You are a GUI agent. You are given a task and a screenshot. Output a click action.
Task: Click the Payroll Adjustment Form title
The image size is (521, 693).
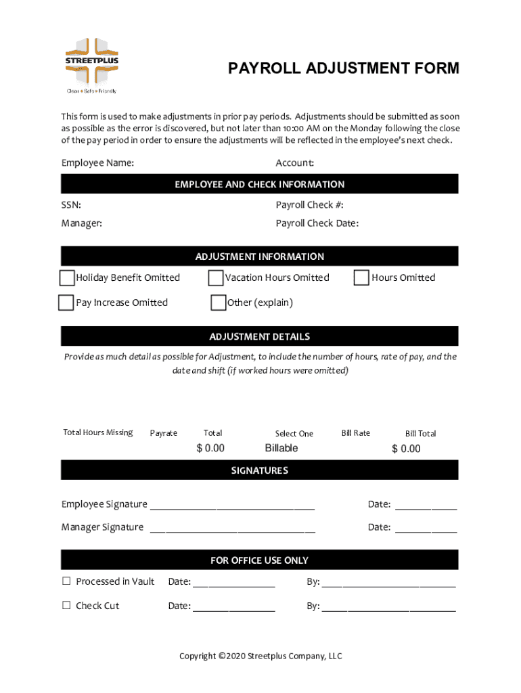(x=343, y=68)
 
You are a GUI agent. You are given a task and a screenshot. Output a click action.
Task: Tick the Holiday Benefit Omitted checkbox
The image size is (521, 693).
(x=67, y=278)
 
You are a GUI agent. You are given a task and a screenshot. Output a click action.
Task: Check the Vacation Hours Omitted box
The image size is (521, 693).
(x=216, y=278)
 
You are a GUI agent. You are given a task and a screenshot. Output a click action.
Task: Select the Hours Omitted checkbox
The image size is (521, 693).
(x=361, y=277)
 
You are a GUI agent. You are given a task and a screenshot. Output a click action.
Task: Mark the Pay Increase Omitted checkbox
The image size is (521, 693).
(x=66, y=303)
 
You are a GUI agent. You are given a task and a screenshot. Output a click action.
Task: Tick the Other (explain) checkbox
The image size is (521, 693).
(x=218, y=303)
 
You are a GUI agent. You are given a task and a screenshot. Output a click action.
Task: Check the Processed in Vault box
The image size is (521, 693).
(x=66, y=581)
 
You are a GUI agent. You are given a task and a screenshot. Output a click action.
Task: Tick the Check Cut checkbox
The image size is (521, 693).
(x=66, y=606)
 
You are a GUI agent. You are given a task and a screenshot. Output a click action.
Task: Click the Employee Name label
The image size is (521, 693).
(x=97, y=163)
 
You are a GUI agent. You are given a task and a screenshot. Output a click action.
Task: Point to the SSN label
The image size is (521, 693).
(x=71, y=205)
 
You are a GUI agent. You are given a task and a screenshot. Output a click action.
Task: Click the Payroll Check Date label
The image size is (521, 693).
(x=317, y=223)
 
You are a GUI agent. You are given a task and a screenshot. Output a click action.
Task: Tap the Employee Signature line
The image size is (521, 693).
(x=232, y=505)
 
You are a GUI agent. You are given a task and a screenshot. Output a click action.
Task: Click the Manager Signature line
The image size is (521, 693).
(x=232, y=528)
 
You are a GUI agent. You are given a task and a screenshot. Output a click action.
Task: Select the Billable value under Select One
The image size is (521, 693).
(x=281, y=448)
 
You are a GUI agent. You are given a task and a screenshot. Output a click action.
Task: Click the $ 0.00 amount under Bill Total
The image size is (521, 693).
(x=406, y=449)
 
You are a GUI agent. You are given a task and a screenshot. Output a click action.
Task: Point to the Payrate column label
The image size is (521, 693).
(x=163, y=433)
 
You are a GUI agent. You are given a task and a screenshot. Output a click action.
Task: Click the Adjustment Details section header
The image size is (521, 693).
(x=260, y=336)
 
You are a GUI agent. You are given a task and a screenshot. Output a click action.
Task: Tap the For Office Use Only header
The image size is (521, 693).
(x=260, y=560)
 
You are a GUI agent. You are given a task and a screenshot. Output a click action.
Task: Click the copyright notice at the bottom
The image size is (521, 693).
(x=260, y=656)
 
